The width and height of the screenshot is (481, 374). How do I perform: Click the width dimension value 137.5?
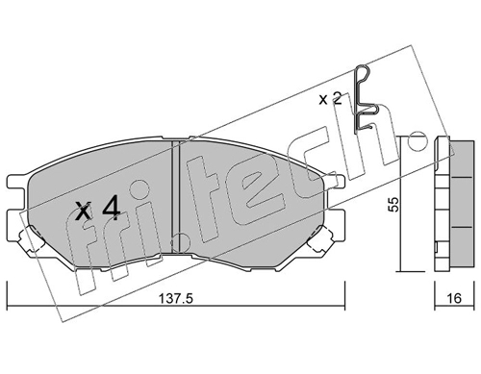tap(176, 299)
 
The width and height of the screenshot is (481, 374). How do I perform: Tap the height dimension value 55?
tap(393, 204)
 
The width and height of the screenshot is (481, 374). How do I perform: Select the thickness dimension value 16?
tap(454, 298)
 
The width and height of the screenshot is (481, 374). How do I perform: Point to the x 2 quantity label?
tap(330, 99)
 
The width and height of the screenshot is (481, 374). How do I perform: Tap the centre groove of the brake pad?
tap(176, 196)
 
